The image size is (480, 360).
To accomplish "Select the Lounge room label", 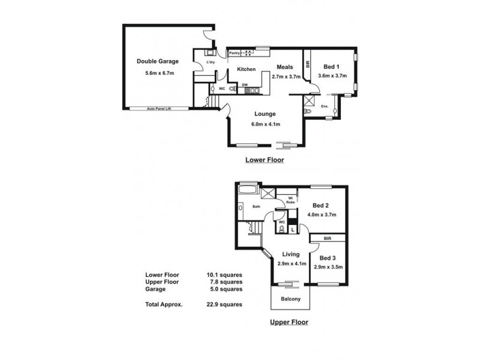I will [x=265, y=113].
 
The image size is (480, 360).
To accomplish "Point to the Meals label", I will [x=284, y=67].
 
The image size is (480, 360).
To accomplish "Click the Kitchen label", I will [x=247, y=70].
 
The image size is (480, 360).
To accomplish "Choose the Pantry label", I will [x=233, y=53].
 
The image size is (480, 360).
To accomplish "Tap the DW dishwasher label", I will [x=245, y=85].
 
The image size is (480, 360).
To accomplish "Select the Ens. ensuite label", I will [x=325, y=107].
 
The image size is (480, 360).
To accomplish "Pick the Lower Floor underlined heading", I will [x=265, y=160].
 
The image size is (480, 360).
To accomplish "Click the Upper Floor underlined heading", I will [x=289, y=322].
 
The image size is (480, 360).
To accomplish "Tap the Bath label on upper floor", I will [x=256, y=207].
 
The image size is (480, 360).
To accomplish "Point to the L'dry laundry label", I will [x=211, y=62].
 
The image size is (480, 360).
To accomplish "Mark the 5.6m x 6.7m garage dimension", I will [x=159, y=73].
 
